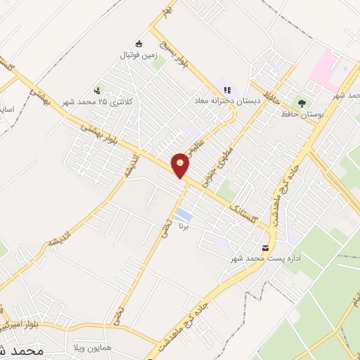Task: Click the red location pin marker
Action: (x=181, y=165)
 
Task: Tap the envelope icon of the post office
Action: (x=265, y=248)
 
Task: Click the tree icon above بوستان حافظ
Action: (x=302, y=103)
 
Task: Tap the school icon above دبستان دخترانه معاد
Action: (x=226, y=90)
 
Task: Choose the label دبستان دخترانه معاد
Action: (x=228, y=101)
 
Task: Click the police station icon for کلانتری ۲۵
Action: (x=97, y=90)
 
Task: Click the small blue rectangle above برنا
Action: (x=183, y=214)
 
